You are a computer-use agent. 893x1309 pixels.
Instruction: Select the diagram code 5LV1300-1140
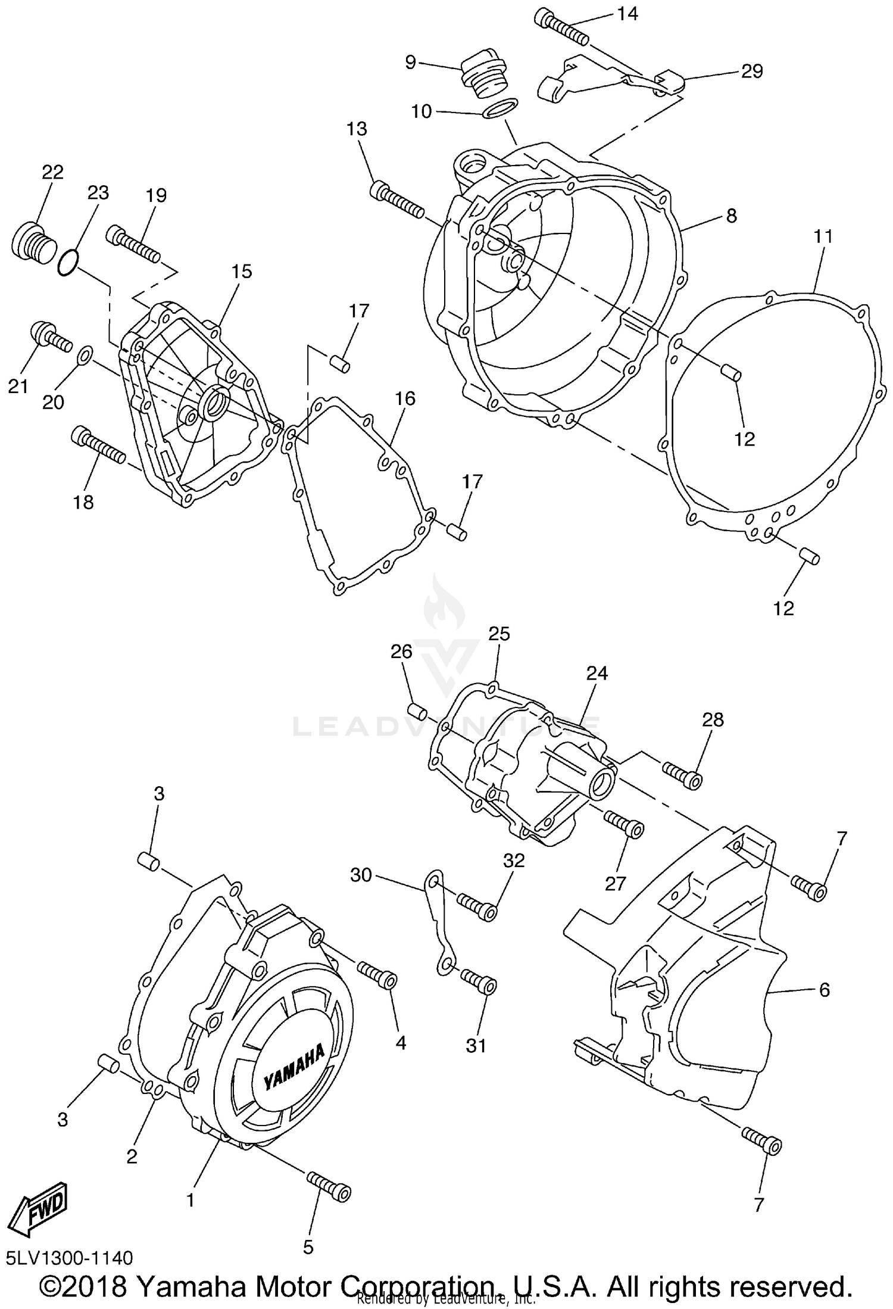point(70,1258)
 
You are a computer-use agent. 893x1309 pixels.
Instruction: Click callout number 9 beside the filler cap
point(410,62)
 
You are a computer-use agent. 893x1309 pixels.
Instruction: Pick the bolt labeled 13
point(398,201)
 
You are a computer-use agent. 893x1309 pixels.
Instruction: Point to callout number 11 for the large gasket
point(823,236)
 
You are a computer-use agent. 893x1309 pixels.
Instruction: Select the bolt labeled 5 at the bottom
point(329,1185)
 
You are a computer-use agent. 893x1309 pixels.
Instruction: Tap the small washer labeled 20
point(85,356)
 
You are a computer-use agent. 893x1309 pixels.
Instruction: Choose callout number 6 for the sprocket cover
point(824,990)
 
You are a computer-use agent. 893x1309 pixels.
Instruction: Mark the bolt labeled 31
point(479,982)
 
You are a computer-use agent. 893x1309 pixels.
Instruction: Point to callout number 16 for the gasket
point(405,398)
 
